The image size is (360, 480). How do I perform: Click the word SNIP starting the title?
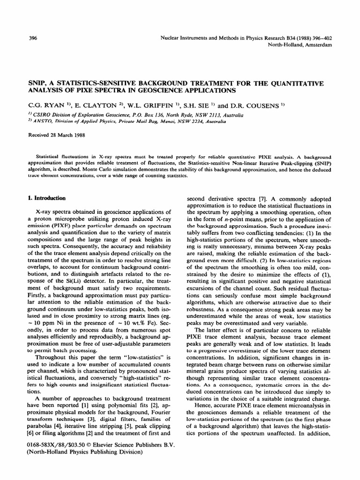point(38,83)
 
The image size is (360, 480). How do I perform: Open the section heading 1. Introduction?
point(50,198)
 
